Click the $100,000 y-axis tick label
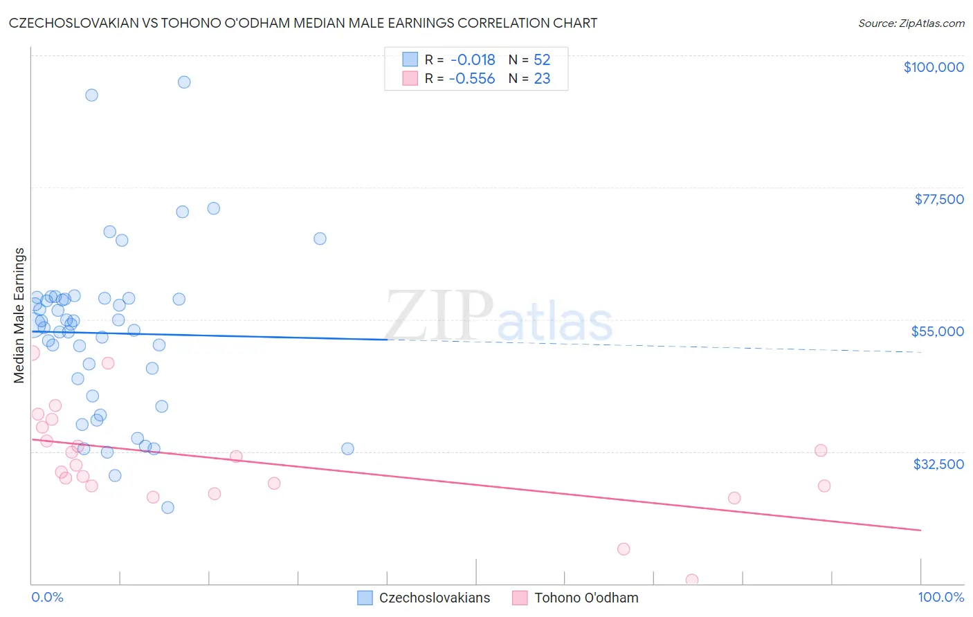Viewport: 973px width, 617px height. click(x=933, y=67)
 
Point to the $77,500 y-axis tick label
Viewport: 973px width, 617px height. click(x=938, y=199)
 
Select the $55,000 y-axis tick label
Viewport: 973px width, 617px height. click(x=937, y=331)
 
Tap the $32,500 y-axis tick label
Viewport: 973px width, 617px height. click(x=938, y=464)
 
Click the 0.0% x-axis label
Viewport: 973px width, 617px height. click(x=47, y=597)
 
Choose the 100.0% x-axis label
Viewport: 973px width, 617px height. click(x=940, y=597)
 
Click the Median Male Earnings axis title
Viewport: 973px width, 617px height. click(x=19, y=315)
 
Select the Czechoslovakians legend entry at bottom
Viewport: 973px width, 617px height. click(x=434, y=598)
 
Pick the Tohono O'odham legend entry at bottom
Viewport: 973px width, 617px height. click(x=585, y=598)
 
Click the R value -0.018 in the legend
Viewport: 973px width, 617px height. click(x=473, y=60)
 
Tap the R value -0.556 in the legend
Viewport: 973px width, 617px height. click(x=472, y=79)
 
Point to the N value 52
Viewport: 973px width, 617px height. click(x=542, y=60)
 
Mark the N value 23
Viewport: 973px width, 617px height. click(x=542, y=79)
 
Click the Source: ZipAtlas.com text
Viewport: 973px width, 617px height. click(x=911, y=24)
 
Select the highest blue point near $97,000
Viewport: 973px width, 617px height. click(x=184, y=82)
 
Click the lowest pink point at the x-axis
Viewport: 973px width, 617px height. click(x=691, y=580)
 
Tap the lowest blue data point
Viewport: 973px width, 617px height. click(x=167, y=508)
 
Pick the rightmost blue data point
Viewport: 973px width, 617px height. click(x=347, y=449)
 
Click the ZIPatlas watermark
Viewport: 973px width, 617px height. click(x=498, y=317)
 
